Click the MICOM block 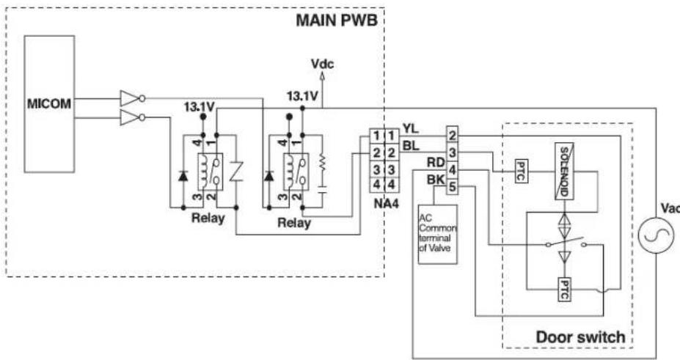pyautogui.click(x=49, y=104)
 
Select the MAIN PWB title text pyautogui.click(x=337, y=21)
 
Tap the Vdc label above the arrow pyautogui.click(x=322, y=64)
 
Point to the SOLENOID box pyautogui.click(x=564, y=171)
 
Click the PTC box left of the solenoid pyautogui.click(x=521, y=171)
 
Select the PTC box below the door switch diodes pyautogui.click(x=563, y=290)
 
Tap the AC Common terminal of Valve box pyautogui.click(x=438, y=234)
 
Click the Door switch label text pyautogui.click(x=580, y=337)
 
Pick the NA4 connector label pyautogui.click(x=386, y=203)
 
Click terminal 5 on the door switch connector pyautogui.click(x=452, y=187)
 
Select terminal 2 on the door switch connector pyautogui.click(x=452, y=135)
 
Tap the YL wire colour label pyautogui.click(x=411, y=128)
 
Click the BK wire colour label pyautogui.click(x=436, y=180)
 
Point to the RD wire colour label pyautogui.click(x=436, y=163)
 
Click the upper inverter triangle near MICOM pyautogui.click(x=130, y=98)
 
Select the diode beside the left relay pyautogui.click(x=183, y=176)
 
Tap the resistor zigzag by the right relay pyautogui.click(x=322, y=163)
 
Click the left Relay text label pyautogui.click(x=208, y=218)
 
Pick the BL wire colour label pyautogui.click(x=411, y=146)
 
